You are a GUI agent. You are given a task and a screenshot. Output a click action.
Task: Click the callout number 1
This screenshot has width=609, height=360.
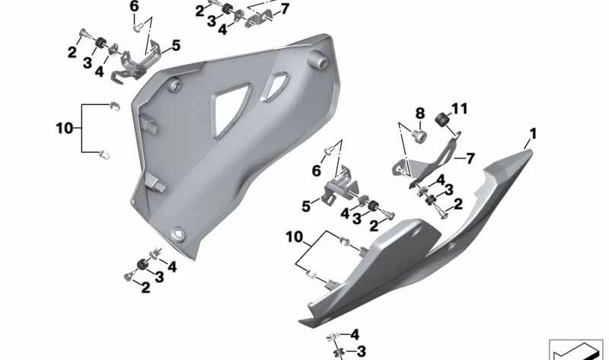533,135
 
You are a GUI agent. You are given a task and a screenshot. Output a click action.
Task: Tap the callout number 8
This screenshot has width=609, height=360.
420,114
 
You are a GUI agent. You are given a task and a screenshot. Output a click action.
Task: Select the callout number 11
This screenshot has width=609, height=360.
459,109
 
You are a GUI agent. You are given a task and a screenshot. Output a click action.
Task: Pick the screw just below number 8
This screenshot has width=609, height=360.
419,136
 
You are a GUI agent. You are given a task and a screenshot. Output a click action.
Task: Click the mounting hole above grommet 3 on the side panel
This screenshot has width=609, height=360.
178,234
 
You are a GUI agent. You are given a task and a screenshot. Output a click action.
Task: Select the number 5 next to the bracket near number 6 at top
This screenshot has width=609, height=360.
176,46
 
